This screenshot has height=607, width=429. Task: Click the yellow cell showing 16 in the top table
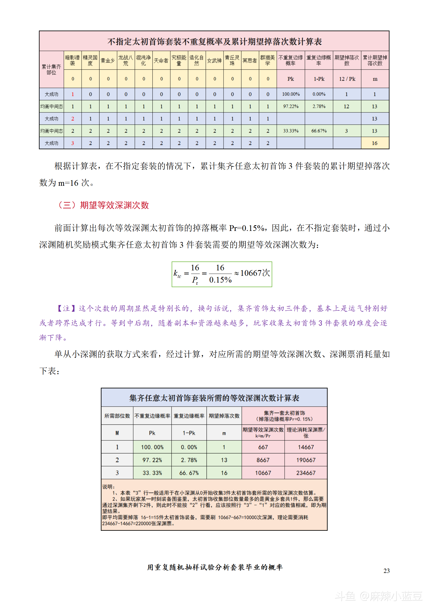click(x=375, y=143)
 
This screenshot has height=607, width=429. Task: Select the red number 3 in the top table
click(x=72, y=143)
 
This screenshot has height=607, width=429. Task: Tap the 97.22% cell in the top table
click(x=291, y=106)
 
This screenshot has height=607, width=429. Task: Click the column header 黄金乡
click(x=108, y=61)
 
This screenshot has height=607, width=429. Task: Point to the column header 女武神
click(x=214, y=61)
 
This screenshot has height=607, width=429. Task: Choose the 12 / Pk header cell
click(x=347, y=79)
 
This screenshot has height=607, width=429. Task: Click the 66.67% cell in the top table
click(x=319, y=131)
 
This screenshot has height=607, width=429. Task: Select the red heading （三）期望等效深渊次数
click(x=103, y=205)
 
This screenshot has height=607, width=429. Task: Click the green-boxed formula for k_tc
click(x=222, y=274)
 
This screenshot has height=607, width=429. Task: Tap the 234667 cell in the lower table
click(x=306, y=473)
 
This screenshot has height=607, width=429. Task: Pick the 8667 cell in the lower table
click(x=263, y=460)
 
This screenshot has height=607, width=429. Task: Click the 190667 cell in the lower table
click(x=306, y=460)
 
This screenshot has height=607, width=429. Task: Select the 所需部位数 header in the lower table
click(x=117, y=416)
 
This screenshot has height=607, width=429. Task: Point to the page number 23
click(x=386, y=571)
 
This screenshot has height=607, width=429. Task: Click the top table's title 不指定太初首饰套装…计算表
click(x=214, y=41)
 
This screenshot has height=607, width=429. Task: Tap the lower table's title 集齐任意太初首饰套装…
click(x=214, y=398)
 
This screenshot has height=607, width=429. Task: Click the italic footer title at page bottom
click(x=215, y=567)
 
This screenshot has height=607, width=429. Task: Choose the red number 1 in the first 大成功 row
click(x=72, y=94)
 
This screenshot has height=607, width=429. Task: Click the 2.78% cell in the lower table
click(x=189, y=460)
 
